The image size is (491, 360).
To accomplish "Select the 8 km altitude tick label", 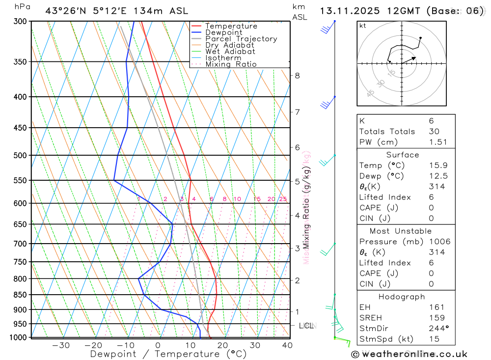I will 297,76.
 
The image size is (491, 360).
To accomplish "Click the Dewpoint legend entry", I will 223,32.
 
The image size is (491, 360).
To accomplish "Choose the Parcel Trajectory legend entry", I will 241,39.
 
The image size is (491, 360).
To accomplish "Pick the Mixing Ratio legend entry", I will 230,64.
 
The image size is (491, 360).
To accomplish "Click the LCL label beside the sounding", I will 306,326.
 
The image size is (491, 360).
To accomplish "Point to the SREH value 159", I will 436,318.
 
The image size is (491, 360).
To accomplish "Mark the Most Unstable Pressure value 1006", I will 439,242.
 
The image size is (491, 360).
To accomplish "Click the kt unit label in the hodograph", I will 363,26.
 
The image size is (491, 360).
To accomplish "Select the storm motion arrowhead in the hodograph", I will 414,58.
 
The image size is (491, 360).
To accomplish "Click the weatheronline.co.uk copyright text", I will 409,354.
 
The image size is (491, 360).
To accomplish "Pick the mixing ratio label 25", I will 283,199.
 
